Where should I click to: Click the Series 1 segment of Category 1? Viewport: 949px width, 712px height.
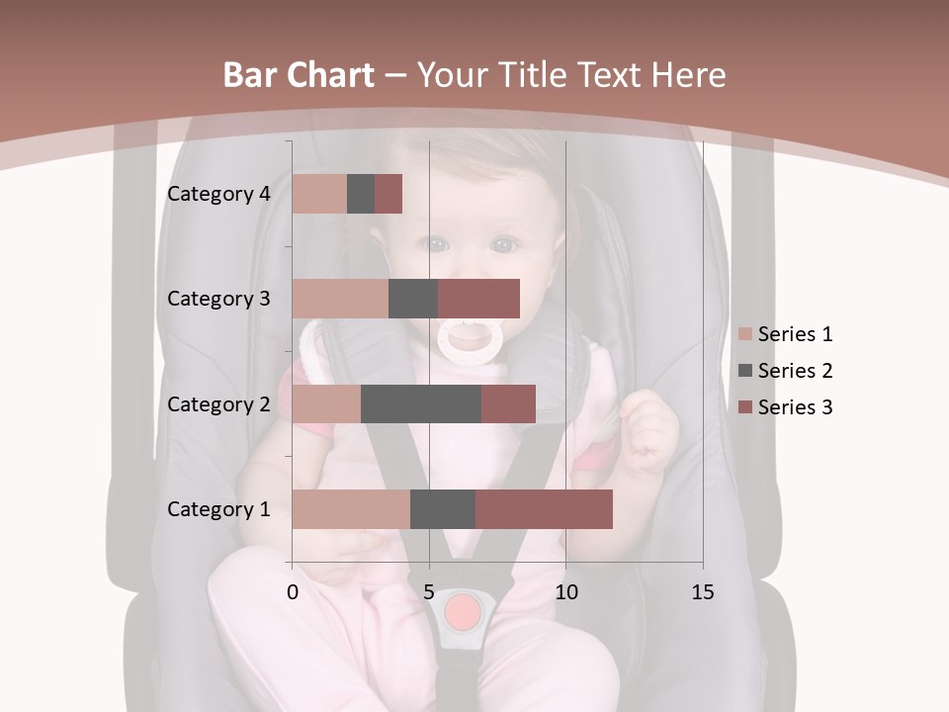(x=351, y=509)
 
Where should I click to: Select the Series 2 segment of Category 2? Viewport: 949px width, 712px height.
(x=421, y=403)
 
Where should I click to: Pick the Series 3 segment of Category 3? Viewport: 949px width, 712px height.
(x=478, y=299)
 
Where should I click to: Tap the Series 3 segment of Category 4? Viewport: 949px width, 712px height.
(x=388, y=194)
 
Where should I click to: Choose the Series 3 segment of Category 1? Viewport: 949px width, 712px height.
(x=544, y=509)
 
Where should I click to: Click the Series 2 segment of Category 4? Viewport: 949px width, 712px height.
(x=361, y=194)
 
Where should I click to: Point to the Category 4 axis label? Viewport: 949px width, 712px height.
(x=218, y=194)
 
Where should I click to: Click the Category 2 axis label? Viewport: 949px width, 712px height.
(x=218, y=403)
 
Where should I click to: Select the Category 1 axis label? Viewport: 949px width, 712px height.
(x=218, y=509)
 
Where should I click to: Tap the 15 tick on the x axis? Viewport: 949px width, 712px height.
(x=702, y=592)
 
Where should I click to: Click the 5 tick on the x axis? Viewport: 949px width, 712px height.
(x=429, y=592)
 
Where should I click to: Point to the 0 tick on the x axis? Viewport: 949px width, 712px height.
(x=293, y=592)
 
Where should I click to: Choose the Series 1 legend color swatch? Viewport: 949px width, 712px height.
(x=745, y=334)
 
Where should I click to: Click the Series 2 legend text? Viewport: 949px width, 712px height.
(x=795, y=371)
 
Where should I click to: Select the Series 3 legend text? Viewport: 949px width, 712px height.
(x=795, y=407)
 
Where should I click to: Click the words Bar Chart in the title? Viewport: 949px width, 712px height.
(x=299, y=75)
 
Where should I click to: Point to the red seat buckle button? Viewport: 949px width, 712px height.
(x=462, y=613)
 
